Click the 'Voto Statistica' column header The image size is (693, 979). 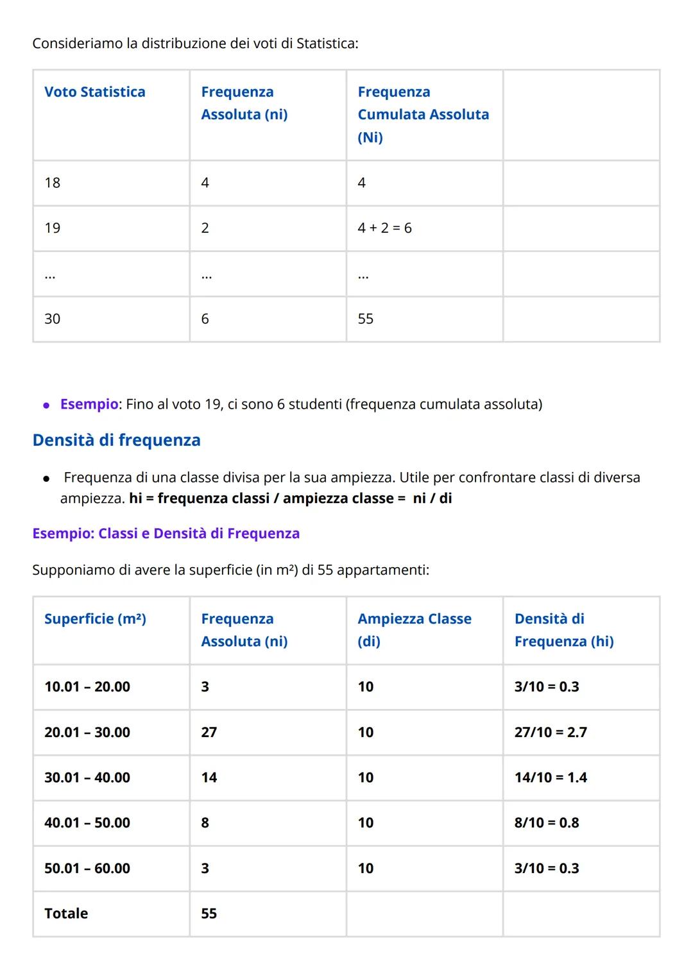click(95, 92)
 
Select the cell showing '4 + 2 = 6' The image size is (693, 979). click(384, 228)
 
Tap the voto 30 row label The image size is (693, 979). click(53, 319)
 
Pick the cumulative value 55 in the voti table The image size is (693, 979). click(366, 319)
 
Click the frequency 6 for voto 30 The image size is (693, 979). click(205, 319)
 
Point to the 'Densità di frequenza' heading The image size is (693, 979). click(116, 440)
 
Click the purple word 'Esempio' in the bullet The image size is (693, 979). click(89, 404)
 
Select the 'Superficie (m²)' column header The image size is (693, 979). click(95, 619)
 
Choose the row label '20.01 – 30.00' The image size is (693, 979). click(87, 732)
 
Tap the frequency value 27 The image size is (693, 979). click(209, 732)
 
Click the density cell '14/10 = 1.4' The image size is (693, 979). click(551, 778)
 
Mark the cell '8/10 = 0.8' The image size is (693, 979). click(547, 822)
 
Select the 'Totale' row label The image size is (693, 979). click(66, 914)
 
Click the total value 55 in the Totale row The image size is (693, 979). click(209, 914)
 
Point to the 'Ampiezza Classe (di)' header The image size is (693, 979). click(415, 630)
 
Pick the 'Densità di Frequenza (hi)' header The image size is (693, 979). click(564, 630)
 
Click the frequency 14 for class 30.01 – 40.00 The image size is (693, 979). click(209, 778)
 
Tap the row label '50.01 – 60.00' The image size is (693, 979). click(87, 868)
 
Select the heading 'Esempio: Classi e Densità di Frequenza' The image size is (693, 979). click(166, 534)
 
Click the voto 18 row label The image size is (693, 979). click(53, 183)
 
